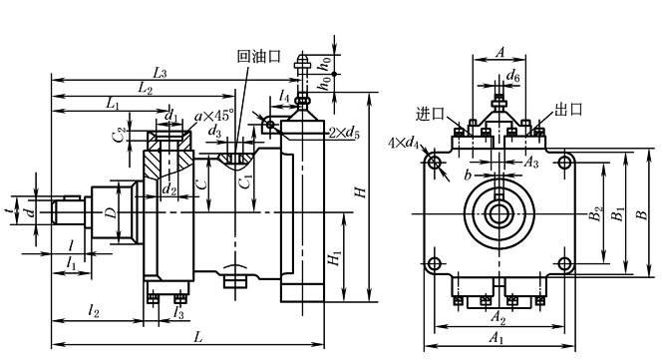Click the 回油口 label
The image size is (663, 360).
pyautogui.click(x=259, y=56)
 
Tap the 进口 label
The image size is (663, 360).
pyautogui.click(x=431, y=114)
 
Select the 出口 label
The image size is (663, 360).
pyautogui.click(x=568, y=109)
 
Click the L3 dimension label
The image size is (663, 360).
pyautogui.click(x=160, y=73)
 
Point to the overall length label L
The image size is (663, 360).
pyautogui.click(x=197, y=337)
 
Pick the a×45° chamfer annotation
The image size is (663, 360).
pyautogui.click(x=213, y=116)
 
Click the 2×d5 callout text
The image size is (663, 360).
pyautogui.click(x=344, y=134)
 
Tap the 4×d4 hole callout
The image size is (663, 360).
pyautogui.click(x=404, y=144)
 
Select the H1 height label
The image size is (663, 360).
pyautogui.click(x=335, y=257)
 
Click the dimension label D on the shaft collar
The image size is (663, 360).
pyautogui.click(x=111, y=212)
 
